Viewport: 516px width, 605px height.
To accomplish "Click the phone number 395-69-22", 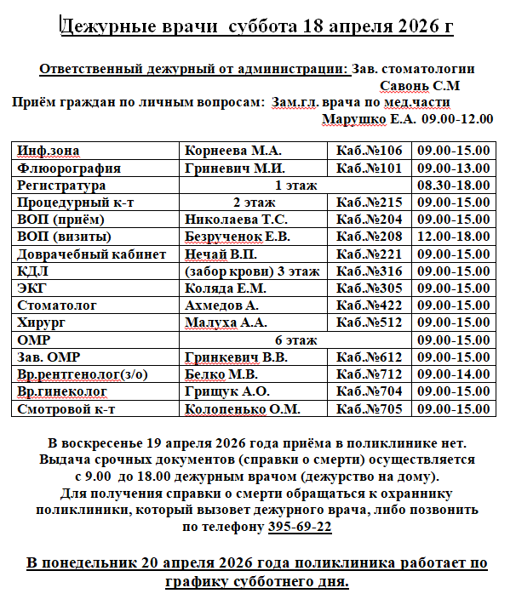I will [301, 527].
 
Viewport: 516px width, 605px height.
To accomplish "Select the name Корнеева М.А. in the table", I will [229, 151].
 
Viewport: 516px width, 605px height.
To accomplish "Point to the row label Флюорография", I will [69, 168].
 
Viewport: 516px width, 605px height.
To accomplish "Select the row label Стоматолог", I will [57, 305].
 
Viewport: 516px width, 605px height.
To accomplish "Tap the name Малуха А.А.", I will [226, 322].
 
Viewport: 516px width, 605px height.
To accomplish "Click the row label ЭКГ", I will [32, 288].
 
